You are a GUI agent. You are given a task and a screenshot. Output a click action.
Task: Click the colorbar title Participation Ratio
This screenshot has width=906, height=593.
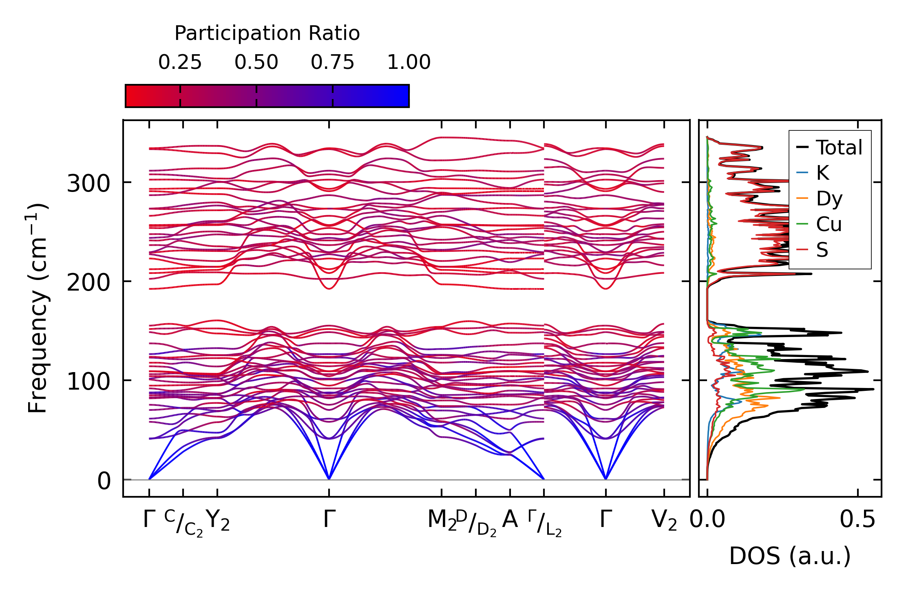pyautogui.click(x=267, y=33)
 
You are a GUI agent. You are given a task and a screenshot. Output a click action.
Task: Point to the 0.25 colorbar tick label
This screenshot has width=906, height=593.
pyautogui.click(x=180, y=62)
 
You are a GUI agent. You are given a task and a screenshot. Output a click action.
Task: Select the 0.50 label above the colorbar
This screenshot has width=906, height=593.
pyautogui.click(x=256, y=62)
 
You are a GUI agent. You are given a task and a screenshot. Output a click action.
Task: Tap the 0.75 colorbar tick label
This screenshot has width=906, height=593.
pyautogui.click(x=332, y=62)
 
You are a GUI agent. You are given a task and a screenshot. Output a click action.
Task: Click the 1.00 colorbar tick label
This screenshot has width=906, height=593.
pyautogui.click(x=409, y=62)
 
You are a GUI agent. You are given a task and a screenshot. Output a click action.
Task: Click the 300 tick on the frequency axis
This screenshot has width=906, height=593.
pyautogui.click(x=88, y=184)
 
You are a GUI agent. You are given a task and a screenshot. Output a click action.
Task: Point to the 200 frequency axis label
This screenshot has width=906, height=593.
pyautogui.click(x=88, y=283)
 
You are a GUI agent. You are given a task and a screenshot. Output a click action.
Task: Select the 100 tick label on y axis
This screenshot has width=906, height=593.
pyautogui.click(x=88, y=382)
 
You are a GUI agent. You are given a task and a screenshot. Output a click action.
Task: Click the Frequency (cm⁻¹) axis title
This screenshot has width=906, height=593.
pyautogui.click(x=38, y=308)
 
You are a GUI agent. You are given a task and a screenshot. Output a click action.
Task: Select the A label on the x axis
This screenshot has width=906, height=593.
pyautogui.click(x=510, y=520)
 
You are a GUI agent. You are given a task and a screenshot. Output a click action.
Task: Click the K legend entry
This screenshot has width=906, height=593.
pyautogui.click(x=822, y=173)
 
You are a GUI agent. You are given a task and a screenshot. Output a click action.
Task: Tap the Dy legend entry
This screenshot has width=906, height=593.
pyautogui.click(x=829, y=199)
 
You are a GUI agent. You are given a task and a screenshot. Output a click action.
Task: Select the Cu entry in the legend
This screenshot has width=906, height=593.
pyautogui.click(x=829, y=224)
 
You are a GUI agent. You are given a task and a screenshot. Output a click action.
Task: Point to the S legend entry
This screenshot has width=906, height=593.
pyautogui.click(x=822, y=250)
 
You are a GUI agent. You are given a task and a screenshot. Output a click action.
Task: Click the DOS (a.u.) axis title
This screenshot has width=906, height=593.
pyautogui.click(x=790, y=556)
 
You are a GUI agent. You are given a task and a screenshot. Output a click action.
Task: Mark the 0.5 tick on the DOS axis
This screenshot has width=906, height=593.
pyautogui.click(x=857, y=520)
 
